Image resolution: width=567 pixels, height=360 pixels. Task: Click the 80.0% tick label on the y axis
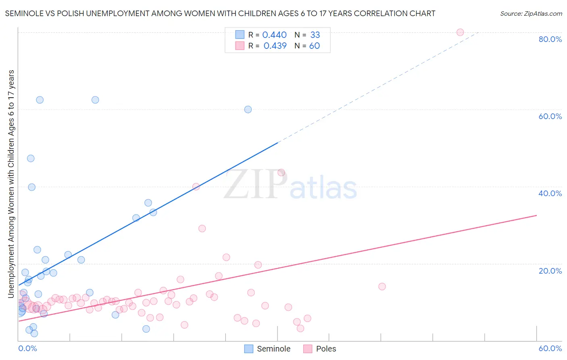point(550,39)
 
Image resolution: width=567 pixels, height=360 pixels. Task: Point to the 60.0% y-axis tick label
point(550,116)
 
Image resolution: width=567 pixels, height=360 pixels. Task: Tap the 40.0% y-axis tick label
point(550,193)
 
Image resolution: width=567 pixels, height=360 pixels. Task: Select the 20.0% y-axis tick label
point(550,270)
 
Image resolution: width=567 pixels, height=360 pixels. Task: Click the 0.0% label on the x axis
point(28,348)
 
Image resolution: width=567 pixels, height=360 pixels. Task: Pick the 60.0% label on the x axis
point(550,348)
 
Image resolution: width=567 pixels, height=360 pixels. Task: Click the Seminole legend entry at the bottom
point(273,349)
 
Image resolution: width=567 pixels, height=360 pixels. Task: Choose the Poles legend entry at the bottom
point(326,349)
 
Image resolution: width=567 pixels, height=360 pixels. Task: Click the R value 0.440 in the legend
point(274,35)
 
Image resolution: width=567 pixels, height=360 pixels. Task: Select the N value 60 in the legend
point(315,46)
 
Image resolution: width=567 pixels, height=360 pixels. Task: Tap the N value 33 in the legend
point(315,35)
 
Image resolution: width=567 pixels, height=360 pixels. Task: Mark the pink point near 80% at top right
point(460,32)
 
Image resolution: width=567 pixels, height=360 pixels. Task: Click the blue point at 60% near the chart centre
point(248,109)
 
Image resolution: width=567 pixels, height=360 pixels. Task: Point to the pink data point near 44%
point(281,173)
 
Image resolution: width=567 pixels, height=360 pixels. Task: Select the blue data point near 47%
point(31,159)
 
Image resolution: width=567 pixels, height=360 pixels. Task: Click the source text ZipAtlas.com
point(531,14)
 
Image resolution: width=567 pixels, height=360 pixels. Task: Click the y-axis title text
point(11,184)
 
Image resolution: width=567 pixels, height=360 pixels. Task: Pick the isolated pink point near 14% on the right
point(382,287)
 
